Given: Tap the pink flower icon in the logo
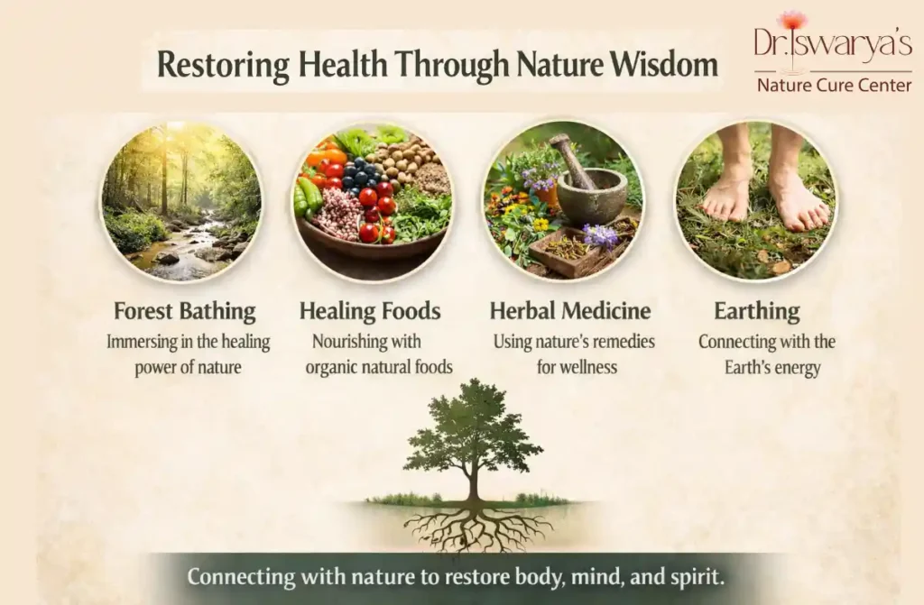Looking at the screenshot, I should point(793,20).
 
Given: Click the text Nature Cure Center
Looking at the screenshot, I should point(833,86).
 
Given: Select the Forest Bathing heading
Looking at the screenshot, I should point(185,312).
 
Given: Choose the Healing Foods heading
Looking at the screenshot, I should point(370,312).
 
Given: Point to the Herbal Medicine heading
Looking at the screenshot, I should point(569,312).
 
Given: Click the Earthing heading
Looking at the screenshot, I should point(757,312).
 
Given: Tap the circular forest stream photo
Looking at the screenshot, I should point(181,202).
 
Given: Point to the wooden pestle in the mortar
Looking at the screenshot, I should point(569,159).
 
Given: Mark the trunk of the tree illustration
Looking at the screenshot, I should point(473,474).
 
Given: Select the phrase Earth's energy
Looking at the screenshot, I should point(772,368).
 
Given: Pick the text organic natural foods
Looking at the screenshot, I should point(379,368).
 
